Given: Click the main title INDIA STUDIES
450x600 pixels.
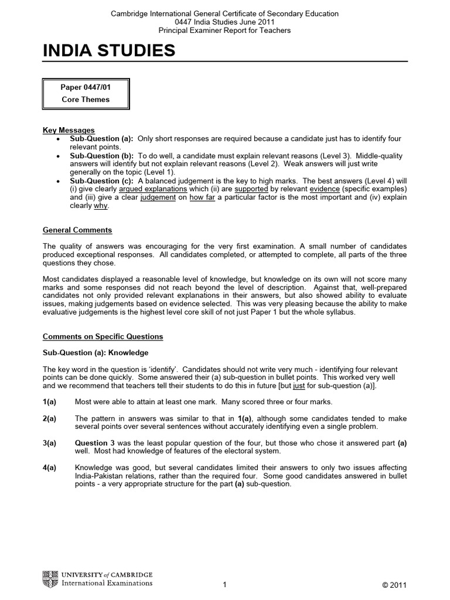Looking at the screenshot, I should (109, 51).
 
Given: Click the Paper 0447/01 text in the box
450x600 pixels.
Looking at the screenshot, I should (86, 87).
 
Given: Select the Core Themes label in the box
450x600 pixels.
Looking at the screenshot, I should (86, 100).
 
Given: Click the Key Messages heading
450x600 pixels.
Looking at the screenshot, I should (69, 130).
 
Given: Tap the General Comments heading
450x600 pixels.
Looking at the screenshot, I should (77, 230).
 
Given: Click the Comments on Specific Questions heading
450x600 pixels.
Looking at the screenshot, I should (103, 337).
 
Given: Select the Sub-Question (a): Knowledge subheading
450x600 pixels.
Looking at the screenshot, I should (96, 353).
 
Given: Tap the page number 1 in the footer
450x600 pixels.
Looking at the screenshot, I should (225, 585).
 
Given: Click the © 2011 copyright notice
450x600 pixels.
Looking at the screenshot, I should (393, 585).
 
